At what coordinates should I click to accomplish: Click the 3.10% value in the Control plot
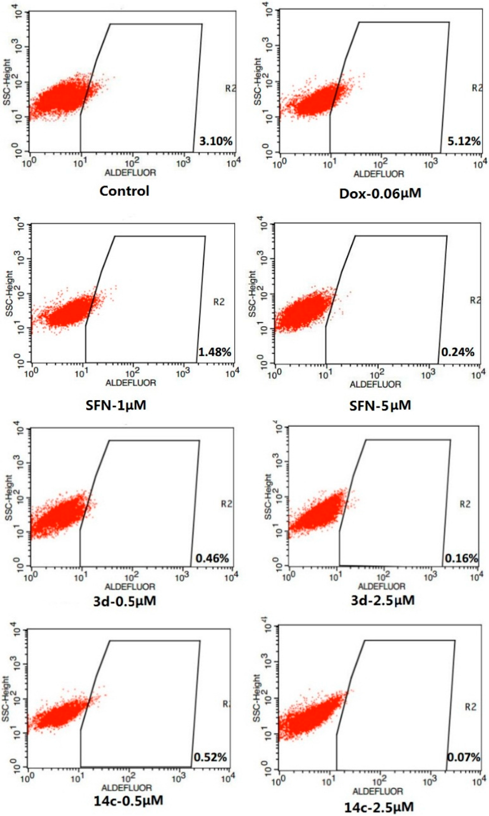(216, 141)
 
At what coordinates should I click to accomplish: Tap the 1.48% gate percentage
(215, 352)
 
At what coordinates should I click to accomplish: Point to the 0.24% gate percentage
(458, 352)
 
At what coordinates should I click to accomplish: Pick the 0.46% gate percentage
(212, 558)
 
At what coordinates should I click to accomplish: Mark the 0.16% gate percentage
(461, 558)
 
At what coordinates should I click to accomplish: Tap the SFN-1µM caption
(116, 405)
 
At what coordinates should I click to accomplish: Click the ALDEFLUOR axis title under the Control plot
(130, 172)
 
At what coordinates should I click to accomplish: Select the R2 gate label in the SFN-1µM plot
(219, 302)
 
